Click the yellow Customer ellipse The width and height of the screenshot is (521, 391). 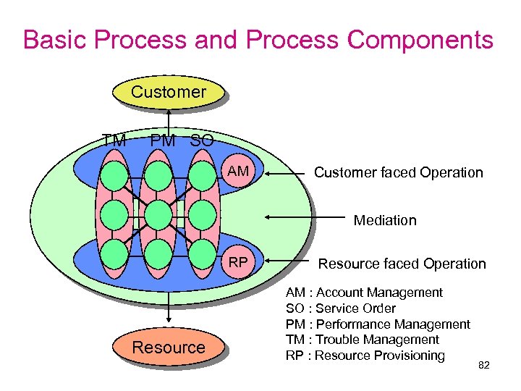coord(169,92)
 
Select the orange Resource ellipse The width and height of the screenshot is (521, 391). coord(169,348)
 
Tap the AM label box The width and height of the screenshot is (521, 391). coord(238,172)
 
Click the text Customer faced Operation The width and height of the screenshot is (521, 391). coord(398,172)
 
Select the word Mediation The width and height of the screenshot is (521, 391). coord(385,220)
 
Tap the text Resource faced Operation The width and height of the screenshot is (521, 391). coord(402,264)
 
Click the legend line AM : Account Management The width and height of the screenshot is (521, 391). coord(364,293)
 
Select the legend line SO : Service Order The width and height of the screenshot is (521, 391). coord(340,308)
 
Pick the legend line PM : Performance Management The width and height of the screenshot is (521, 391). coord(378,324)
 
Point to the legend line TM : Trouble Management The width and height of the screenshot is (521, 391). coord(363,340)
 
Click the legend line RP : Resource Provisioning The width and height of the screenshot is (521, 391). coord(365,356)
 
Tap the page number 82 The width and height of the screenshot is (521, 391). coord(484,366)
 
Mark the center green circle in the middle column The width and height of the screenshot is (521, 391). coord(158,214)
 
